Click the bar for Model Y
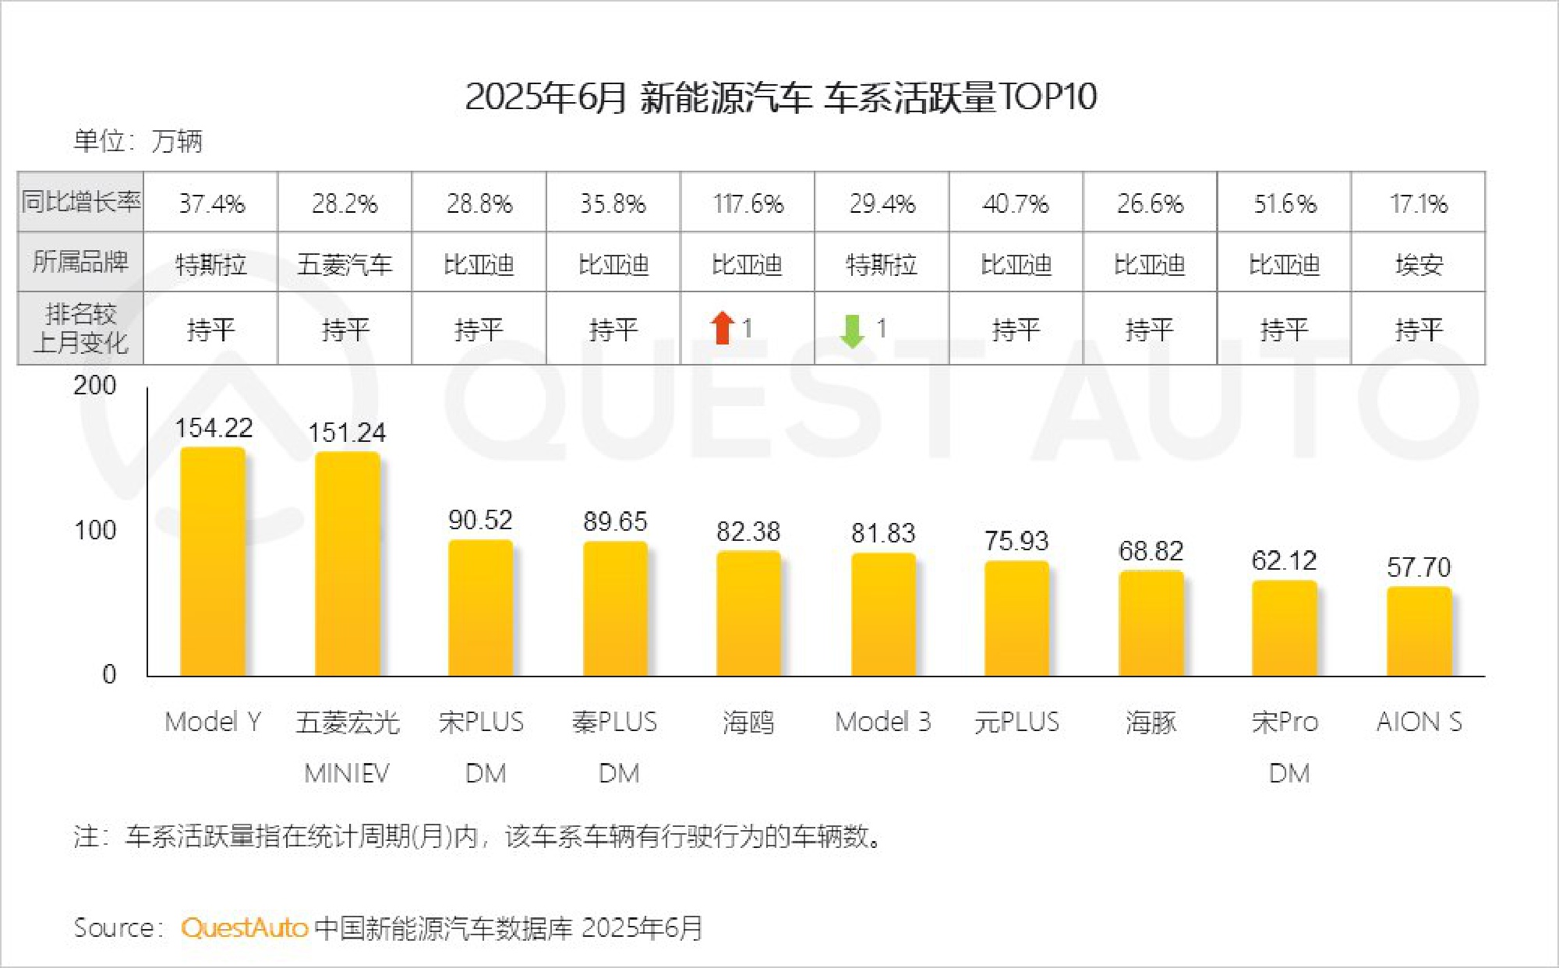pyautogui.click(x=213, y=561)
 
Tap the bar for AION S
pyautogui.click(x=1419, y=631)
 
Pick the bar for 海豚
pyautogui.click(x=1151, y=624)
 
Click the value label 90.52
pyautogui.click(x=480, y=520)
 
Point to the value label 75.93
pyautogui.click(x=1016, y=541)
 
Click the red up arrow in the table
pyautogui.click(x=723, y=328)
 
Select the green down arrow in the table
pyautogui.click(x=852, y=330)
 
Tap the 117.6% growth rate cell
pyautogui.click(x=748, y=203)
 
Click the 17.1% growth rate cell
pyautogui.click(x=1419, y=203)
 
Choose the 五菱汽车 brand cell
pyautogui.click(x=345, y=264)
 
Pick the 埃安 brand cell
pyautogui.click(x=1419, y=264)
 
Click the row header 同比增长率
pyautogui.click(x=80, y=202)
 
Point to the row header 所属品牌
pyautogui.click(x=80, y=262)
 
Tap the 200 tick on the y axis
pyautogui.click(x=95, y=385)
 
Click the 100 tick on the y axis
pyautogui.click(x=95, y=531)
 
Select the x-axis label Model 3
pyautogui.click(x=882, y=722)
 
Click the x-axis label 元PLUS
pyautogui.click(x=1016, y=722)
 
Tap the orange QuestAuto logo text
pyautogui.click(x=245, y=927)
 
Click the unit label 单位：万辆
pyautogui.click(x=138, y=141)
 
